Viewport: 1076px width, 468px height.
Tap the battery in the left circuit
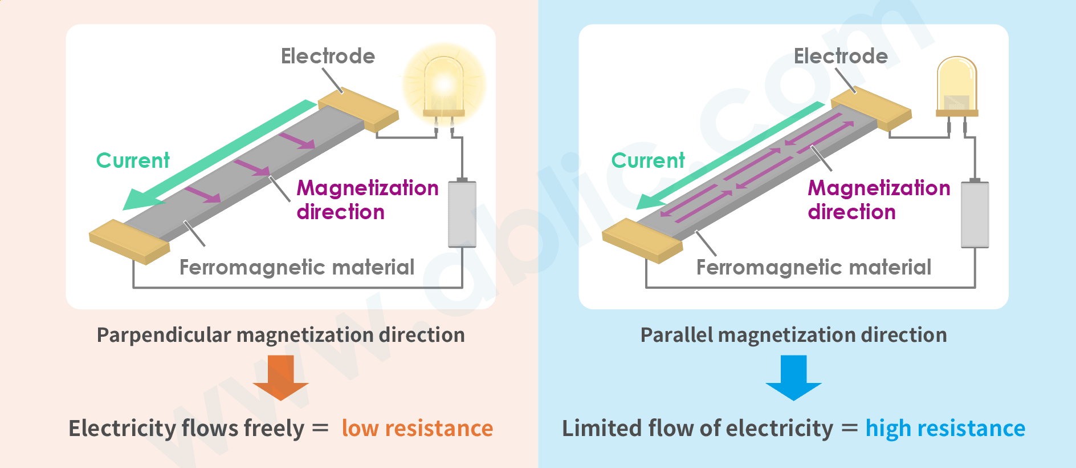click(462, 214)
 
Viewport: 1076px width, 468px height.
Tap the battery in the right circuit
click(975, 214)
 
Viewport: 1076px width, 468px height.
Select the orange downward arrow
click(280, 377)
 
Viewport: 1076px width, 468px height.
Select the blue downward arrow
click(793, 377)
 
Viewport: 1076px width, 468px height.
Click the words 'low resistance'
click(417, 428)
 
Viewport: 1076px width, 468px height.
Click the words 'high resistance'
click(945, 428)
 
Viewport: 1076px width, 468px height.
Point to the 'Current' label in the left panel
click(133, 160)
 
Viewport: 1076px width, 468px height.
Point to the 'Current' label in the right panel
click(648, 160)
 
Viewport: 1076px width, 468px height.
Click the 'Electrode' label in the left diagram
click(328, 56)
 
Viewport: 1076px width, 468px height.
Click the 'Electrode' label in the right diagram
click(841, 56)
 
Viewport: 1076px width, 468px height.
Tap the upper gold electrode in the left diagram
click(358, 110)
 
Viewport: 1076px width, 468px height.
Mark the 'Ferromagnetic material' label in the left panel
click(296, 267)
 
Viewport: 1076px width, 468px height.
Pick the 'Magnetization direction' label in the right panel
click(878, 200)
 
